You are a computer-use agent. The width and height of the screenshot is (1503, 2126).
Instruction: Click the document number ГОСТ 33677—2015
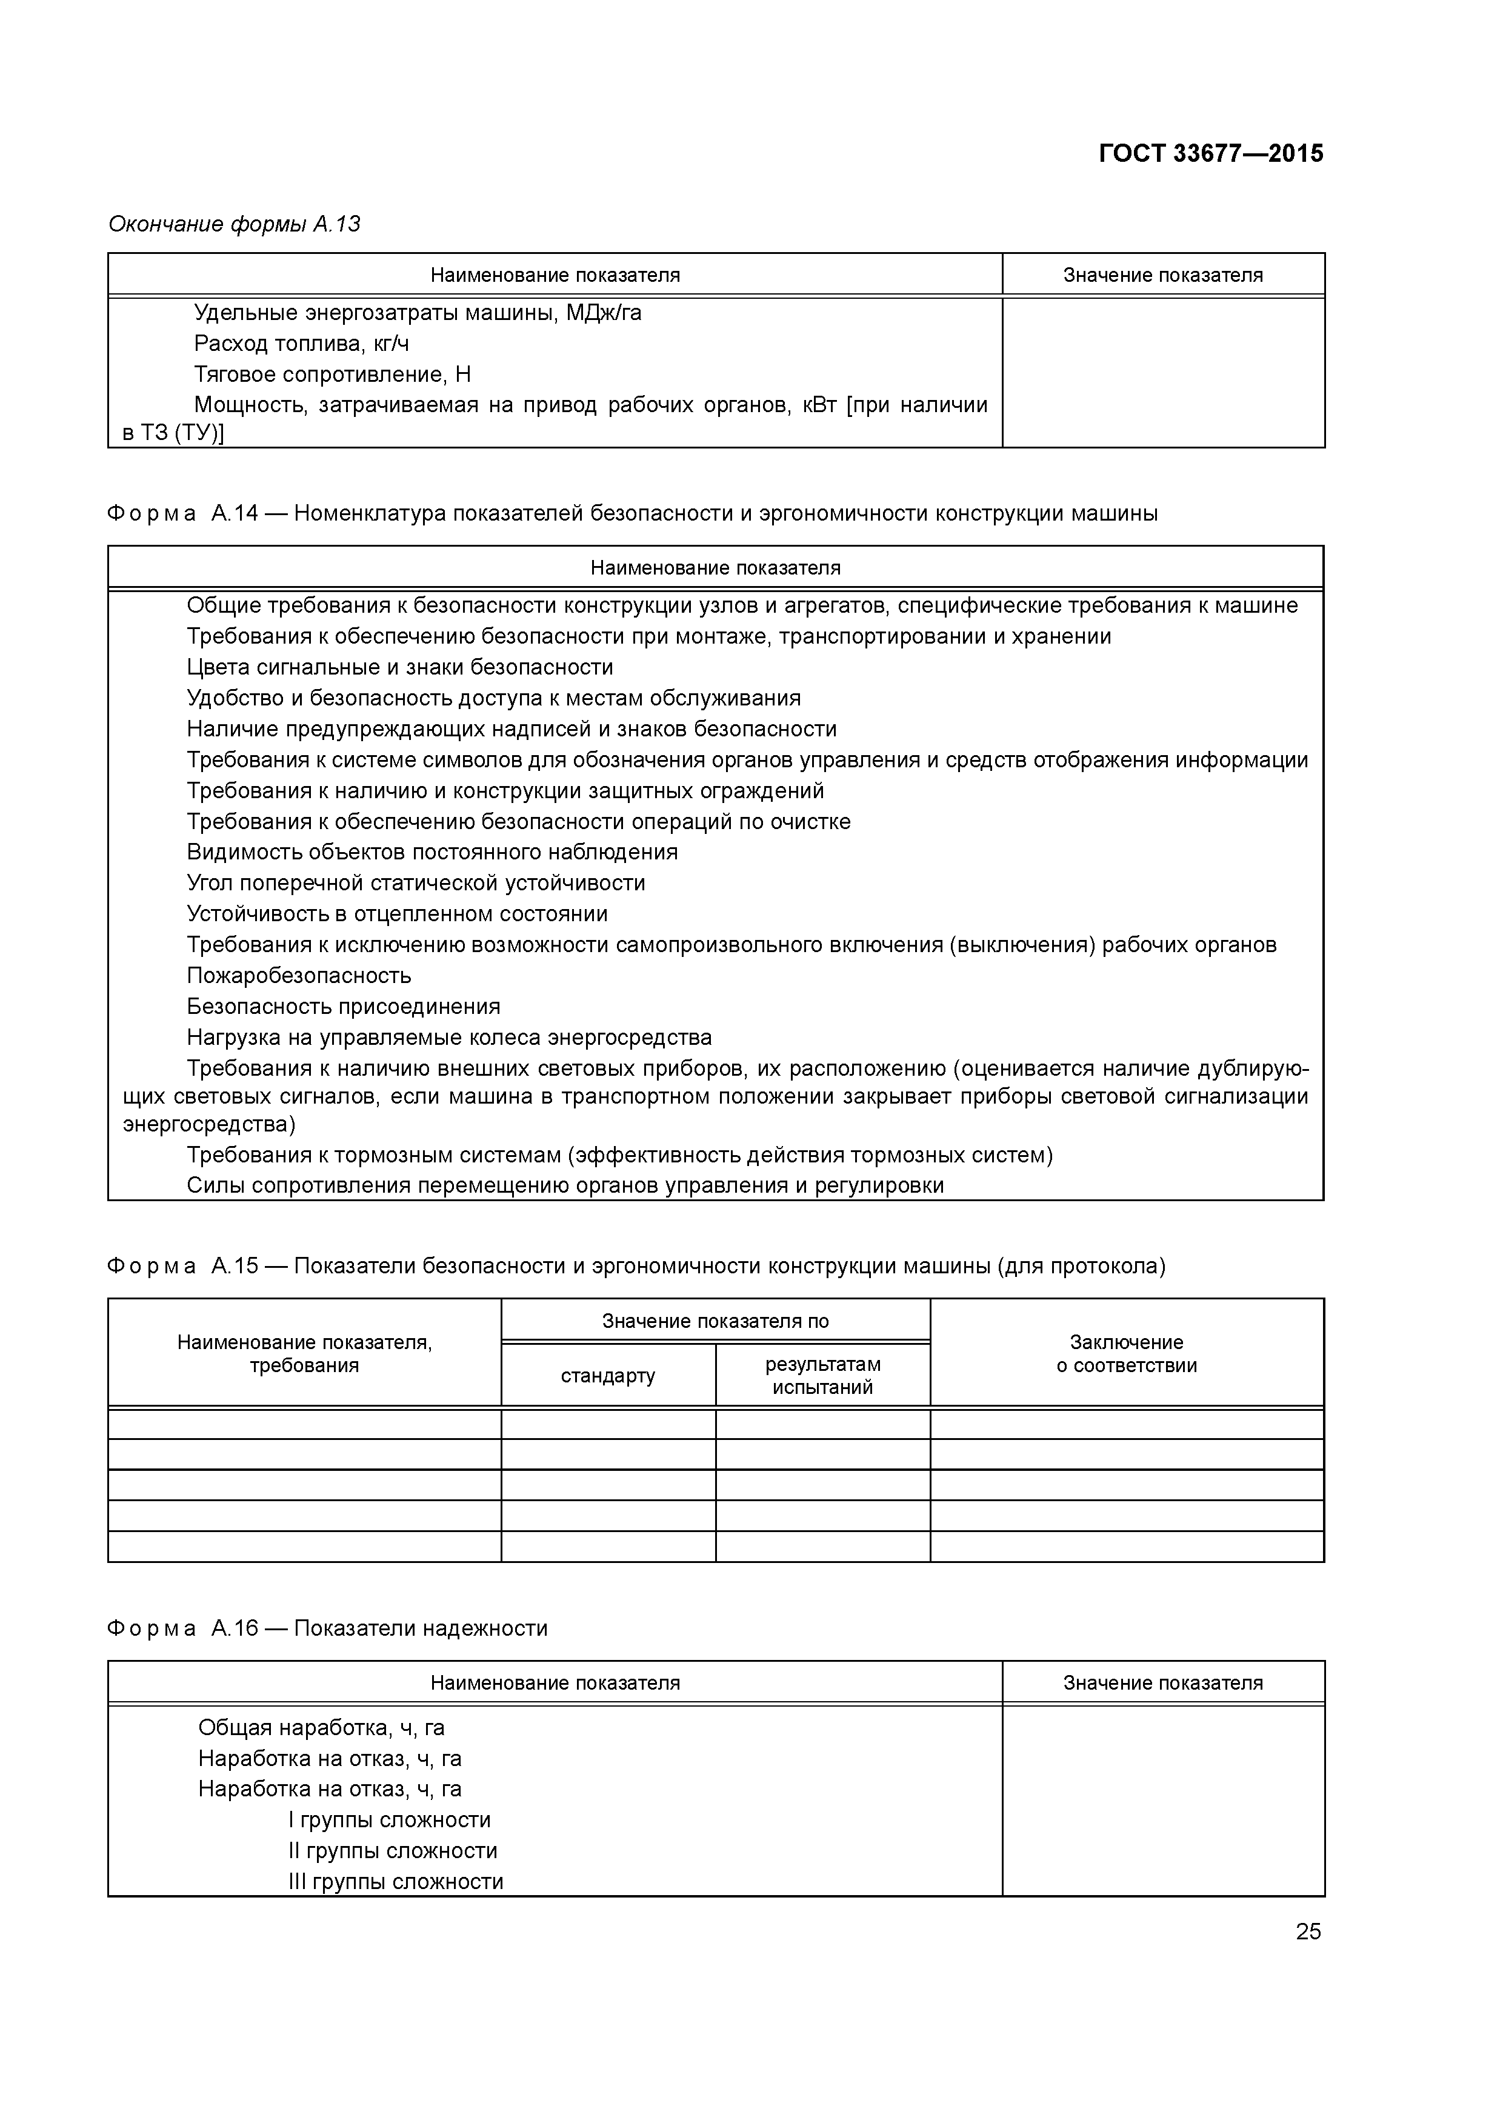tap(1210, 154)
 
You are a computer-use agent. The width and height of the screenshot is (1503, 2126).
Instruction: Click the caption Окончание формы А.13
tap(235, 224)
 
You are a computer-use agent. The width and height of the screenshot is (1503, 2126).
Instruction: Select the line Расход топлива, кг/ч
tap(301, 344)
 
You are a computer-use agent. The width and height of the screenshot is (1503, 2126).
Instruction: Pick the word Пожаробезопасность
tap(298, 975)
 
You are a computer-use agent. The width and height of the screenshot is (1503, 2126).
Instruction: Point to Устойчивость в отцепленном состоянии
tap(398, 914)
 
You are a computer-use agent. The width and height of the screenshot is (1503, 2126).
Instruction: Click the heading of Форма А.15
tap(636, 1266)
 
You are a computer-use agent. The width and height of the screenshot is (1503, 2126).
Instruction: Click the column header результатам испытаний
tap(822, 1375)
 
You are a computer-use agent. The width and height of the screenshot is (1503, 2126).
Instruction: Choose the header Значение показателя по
tap(715, 1321)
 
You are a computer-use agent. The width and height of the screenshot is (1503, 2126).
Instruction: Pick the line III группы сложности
tap(395, 1882)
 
